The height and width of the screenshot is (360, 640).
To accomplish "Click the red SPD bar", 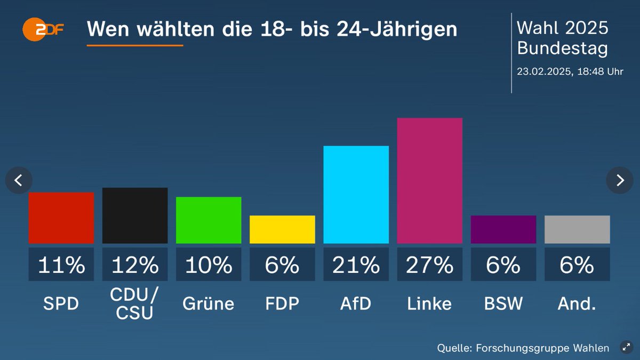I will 61,218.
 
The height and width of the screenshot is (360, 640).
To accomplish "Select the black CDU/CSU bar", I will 135,215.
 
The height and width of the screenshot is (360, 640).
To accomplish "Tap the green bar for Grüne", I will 209,220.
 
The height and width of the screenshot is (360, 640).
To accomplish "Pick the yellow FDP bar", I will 282,229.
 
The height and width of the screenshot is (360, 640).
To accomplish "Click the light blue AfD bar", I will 356,195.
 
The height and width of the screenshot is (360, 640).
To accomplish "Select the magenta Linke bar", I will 429,181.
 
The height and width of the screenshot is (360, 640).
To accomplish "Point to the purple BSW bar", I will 503,229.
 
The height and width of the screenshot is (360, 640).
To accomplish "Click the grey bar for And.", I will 577,229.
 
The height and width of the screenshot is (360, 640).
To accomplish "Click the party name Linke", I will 429,303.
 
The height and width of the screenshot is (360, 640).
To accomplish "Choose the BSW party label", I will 503,303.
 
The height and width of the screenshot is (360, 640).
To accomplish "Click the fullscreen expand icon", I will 626,348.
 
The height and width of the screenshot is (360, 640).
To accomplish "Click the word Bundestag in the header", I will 562,49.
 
